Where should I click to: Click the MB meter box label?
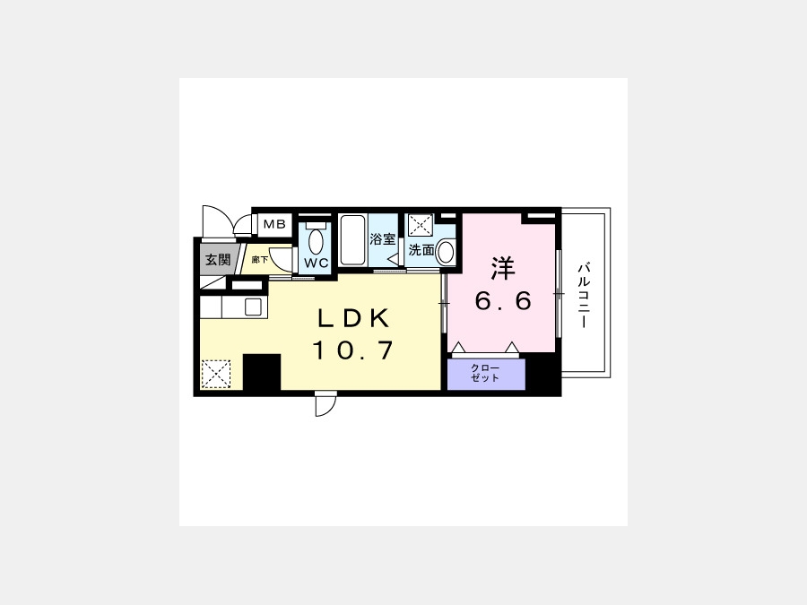[274, 224]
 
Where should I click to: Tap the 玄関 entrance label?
[218, 259]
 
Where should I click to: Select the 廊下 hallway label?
[260, 260]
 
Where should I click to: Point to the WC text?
[317, 263]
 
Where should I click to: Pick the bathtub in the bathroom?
[352, 239]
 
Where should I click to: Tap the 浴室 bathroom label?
[383, 239]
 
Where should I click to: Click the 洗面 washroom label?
[421, 250]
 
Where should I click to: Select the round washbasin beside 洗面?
[445, 252]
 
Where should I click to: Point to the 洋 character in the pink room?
[503, 268]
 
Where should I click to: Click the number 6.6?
[503, 300]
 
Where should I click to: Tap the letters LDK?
[353, 318]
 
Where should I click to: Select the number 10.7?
[353, 350]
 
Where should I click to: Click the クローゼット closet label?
[485, 373]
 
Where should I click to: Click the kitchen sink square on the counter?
[253, 307]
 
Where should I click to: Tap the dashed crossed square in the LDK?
[215, 374]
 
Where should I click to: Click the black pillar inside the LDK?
[262, 372]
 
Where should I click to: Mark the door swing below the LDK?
[325, 404]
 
